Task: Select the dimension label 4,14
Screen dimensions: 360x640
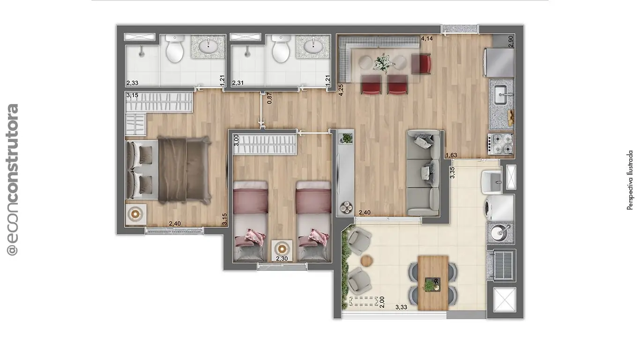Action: (x=426, y=38)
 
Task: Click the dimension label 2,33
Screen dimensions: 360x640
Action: (x=132, y=83)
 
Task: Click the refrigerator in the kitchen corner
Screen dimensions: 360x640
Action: (x=501, y=63)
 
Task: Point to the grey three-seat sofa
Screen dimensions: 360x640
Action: (x=423, y=172)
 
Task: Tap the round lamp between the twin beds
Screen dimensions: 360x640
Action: (x=282, y=248)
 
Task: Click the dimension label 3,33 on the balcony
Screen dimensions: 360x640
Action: (x=401, y=307)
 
